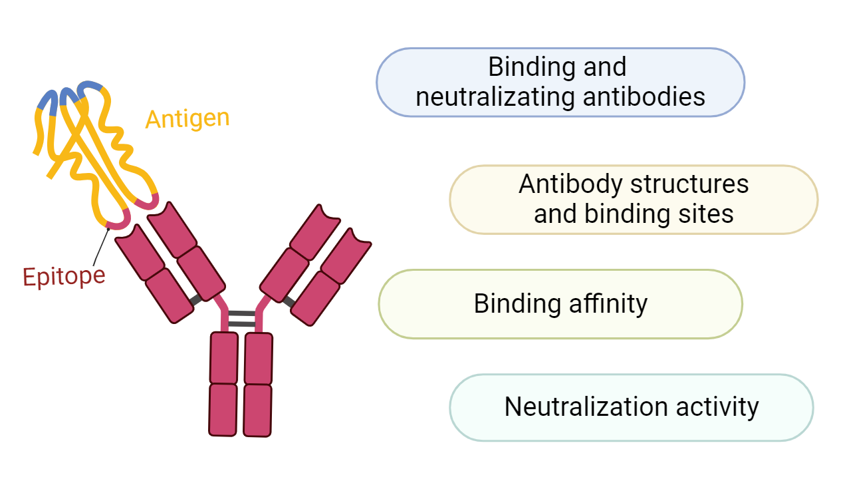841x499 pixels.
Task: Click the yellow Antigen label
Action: pos(187,119)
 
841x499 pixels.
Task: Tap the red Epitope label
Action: pos(64,275)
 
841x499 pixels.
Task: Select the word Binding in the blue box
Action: pos(523,67)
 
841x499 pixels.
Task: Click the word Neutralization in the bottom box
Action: pos(576,407)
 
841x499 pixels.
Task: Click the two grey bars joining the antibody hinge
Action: pos(242,319)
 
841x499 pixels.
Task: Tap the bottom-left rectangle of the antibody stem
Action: pos(223,409)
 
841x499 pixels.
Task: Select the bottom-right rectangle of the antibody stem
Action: pos(257,410)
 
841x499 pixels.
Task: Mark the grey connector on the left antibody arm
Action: pos(195,300)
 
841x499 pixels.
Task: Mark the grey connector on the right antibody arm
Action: pos(288,301)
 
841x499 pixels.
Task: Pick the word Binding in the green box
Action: pos(509,304)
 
